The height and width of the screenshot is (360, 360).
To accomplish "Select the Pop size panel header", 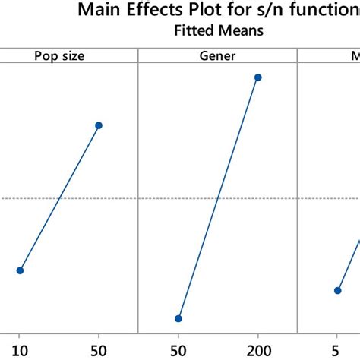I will (x=58, y=55).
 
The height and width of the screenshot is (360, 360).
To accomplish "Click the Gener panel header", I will (x=217, y=55).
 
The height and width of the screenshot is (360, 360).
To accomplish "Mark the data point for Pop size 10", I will (x=20, y=270).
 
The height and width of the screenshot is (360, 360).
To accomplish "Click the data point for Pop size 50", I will (x=99, y=125).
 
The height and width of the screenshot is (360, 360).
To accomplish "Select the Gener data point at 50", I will (x=178, y=318).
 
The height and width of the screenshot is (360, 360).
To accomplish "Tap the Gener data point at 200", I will (x=257, y=77).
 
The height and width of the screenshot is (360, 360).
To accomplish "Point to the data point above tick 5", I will (x=337, y=290).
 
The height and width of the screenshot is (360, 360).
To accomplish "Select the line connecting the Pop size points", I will (x=59, y=197).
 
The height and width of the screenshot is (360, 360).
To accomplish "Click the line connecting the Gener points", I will (x=218, y=197).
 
